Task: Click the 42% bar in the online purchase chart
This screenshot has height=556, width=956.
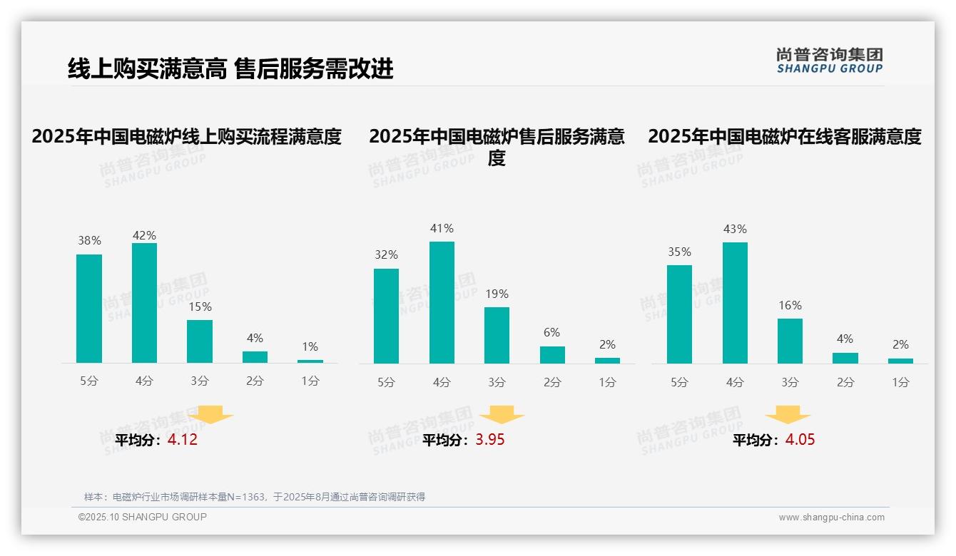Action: tap(144, 303)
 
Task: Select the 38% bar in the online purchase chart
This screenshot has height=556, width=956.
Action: tap(89, 309)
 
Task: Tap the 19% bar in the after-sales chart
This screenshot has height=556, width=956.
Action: tap(497, 335)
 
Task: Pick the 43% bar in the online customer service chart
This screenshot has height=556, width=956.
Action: tap(735, 303)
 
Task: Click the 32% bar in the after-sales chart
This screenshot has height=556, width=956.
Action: tap(386, 316)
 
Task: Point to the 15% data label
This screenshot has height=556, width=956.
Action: tap(200, 307)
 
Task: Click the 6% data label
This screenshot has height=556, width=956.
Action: tap(551, 333)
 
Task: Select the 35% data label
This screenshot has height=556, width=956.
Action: tap(679, 252)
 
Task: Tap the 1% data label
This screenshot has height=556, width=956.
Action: tap(310, 347)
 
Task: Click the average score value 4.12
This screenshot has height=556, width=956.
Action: tap(183, 440)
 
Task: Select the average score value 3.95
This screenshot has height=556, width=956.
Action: tap(490, 440)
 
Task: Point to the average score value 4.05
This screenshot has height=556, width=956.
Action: tap(800, 440)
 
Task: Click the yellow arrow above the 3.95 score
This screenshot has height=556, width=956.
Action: tap(502, 415)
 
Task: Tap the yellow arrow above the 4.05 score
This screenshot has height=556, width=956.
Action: tap(788, 415)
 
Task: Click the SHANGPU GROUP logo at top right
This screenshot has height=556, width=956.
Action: tap(829, 61)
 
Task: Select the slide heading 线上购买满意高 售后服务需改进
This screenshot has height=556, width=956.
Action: tap(230, 69)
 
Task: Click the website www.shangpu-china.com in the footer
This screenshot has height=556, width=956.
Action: tap(831, 518)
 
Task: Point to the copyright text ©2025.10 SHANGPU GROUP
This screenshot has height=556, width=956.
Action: tap(143, 517)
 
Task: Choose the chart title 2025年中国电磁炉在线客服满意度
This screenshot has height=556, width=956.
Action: tap(785, 136)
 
